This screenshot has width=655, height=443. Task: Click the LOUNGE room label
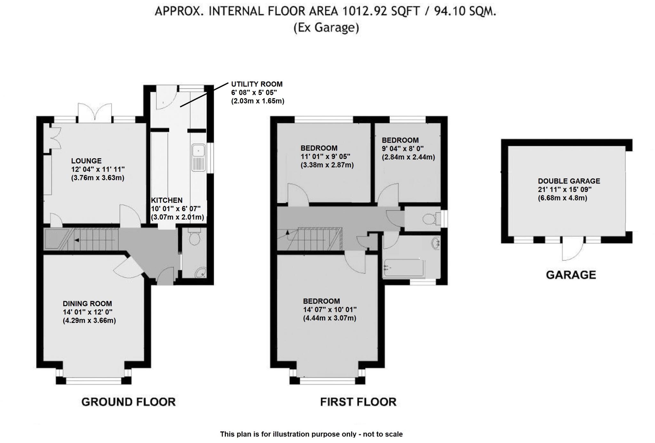click(86, 161)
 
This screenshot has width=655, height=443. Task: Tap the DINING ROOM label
click(87, 304)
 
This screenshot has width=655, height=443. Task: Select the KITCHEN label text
click(167, 200)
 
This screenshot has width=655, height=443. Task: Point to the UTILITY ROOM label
click(257, 84)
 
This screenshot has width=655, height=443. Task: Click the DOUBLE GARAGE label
click(569, 181)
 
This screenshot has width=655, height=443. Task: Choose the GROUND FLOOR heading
click(129, 402)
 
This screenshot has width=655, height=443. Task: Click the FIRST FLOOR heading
click(358, 402)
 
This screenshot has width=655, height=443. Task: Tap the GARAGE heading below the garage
click(571, 275)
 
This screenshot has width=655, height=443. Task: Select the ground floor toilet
click(194, 236)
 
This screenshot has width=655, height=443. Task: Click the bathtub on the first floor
click(404, 268)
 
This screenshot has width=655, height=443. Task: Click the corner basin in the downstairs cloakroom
click(201, 273)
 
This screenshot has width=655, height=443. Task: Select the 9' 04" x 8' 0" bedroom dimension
click(403, 149)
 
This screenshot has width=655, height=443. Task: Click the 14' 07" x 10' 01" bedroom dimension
click(330, 310)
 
